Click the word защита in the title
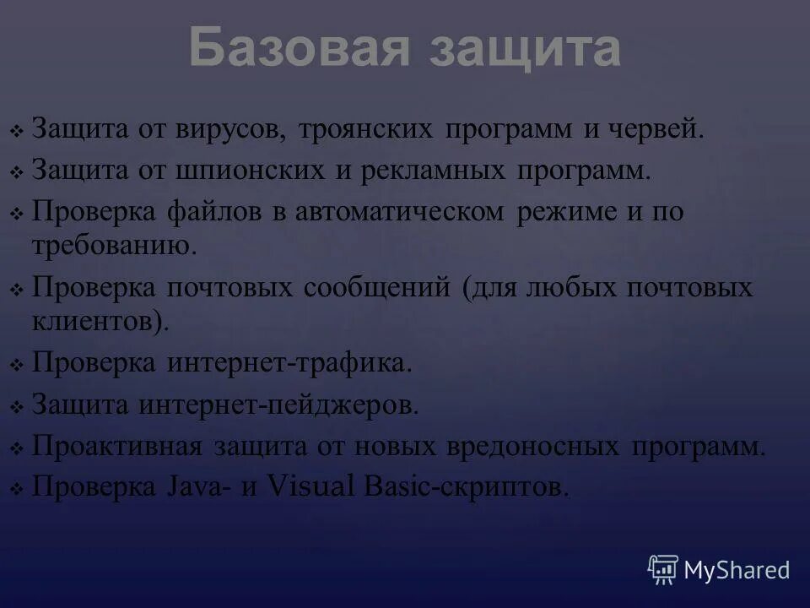coord(525,48)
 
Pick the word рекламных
coord(430,171)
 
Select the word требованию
coord(114,246)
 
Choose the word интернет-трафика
coord(289,363)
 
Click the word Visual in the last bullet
coord(310,487)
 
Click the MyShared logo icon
coord(663,569)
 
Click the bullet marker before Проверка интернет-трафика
coord(17,366)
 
